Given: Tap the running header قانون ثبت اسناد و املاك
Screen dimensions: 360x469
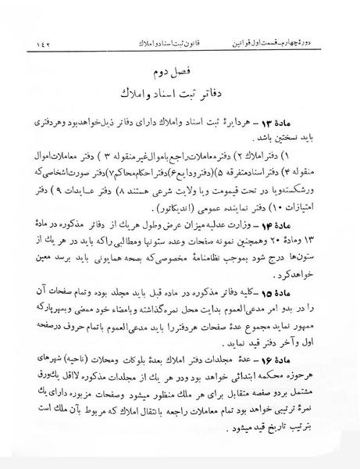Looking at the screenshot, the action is [180, 38].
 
